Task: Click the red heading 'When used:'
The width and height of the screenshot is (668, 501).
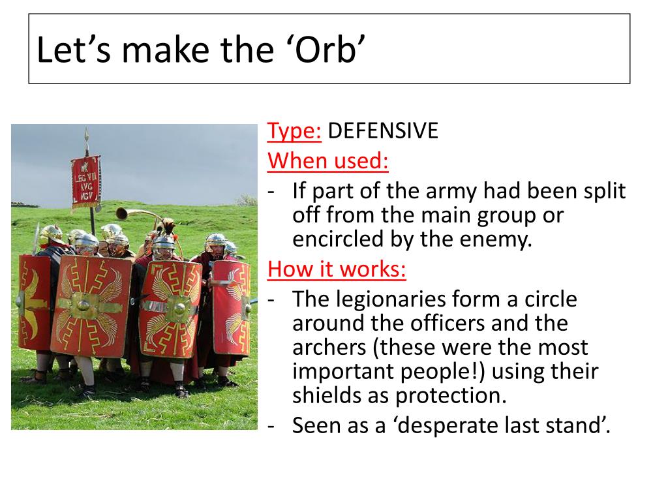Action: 328,160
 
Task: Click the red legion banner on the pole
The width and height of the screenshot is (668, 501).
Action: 86,181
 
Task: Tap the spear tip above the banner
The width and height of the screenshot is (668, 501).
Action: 86,136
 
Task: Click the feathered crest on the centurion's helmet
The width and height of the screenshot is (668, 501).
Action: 169,228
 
